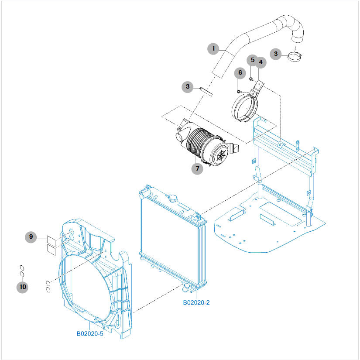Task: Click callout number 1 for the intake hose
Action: coord(213,48)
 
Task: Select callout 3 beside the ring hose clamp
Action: coord(276,54)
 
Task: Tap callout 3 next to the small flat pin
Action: coord(188,87)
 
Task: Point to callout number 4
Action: coord(261,62)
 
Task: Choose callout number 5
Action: coord(252,59)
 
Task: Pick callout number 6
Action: coord(240,72)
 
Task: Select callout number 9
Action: coord(31,237)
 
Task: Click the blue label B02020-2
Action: coord(196,302)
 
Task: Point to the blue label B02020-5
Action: coord(90,334)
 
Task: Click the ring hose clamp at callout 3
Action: coord(296,55)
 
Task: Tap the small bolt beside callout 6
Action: coord(239,91)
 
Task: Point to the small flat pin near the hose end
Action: coord(206,91)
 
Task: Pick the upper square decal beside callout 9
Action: coord(51,240)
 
